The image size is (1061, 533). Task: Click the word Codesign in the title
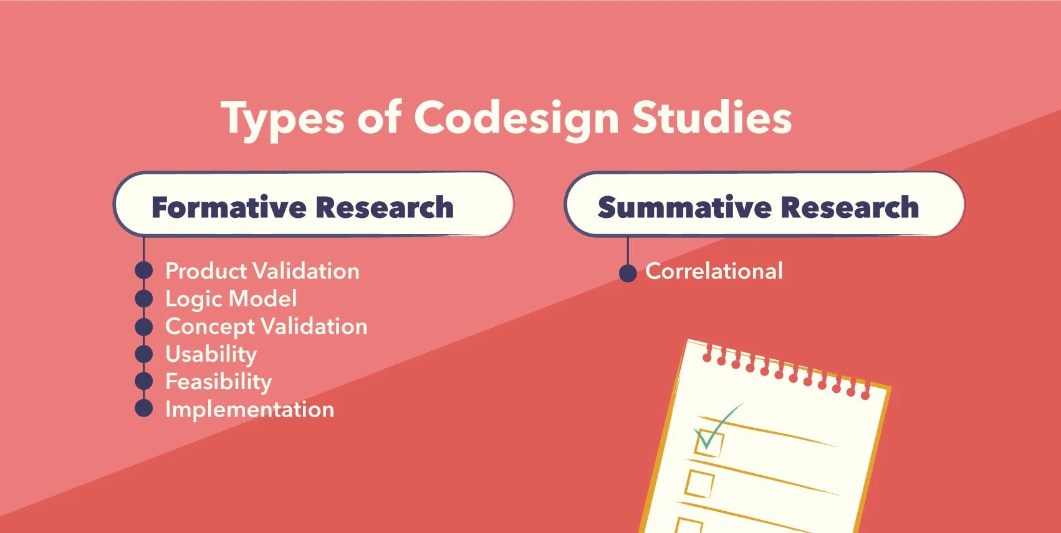(516, 118)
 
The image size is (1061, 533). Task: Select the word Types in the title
(282, 118)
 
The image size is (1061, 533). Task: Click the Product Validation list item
(262, 271)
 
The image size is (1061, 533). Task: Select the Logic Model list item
(231, 299)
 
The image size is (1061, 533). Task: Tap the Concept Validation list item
(266, 326)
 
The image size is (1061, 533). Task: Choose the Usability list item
(211, 354)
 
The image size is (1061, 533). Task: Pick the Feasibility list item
(218, 382)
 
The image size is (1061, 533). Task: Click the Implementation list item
(249, 409)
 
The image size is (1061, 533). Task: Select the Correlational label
(714, 271)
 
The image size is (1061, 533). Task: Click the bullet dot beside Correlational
(628, 273)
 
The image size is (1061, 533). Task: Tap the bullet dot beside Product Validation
(144, 271)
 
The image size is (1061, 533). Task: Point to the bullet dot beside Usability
(144, 354)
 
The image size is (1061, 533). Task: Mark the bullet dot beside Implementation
(144, 408)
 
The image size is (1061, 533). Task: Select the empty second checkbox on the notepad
(699, 483)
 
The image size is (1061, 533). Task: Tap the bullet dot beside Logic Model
(144, 298)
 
